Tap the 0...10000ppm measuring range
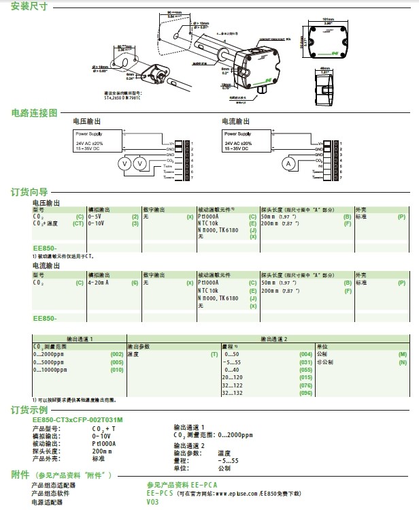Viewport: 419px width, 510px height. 51,369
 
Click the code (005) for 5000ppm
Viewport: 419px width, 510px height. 116,362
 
